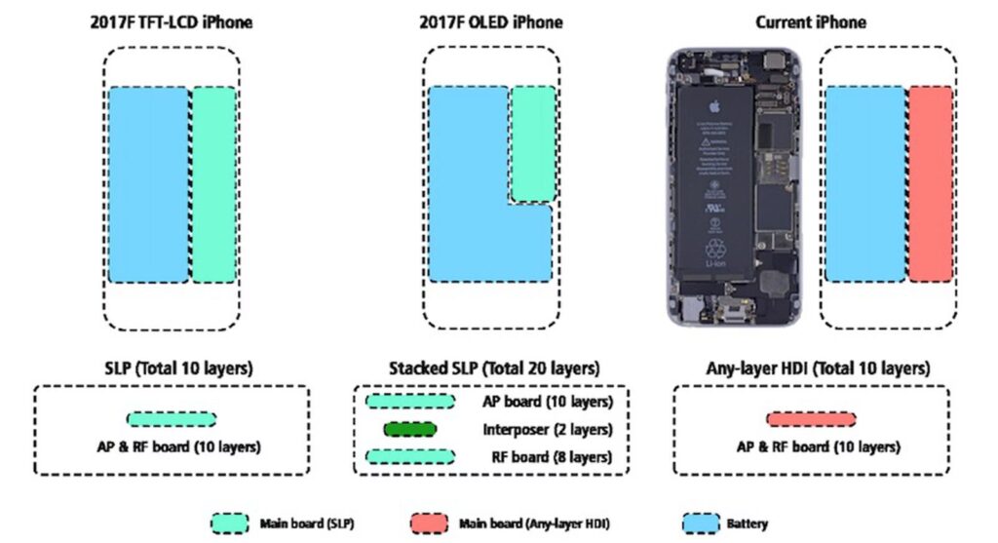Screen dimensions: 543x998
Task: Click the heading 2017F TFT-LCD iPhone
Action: [171, 20]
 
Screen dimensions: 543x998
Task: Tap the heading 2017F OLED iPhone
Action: [490, 20]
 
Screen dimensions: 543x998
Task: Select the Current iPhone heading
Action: [811, 20]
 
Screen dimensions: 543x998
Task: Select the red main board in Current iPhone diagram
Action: [931, 183]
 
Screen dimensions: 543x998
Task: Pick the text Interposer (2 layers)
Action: [547, 429]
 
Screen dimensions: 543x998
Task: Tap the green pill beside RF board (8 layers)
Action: [409, 456]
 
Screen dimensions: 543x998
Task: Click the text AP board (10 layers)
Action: [547, 402]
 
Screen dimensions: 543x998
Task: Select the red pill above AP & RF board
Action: [812, 419]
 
